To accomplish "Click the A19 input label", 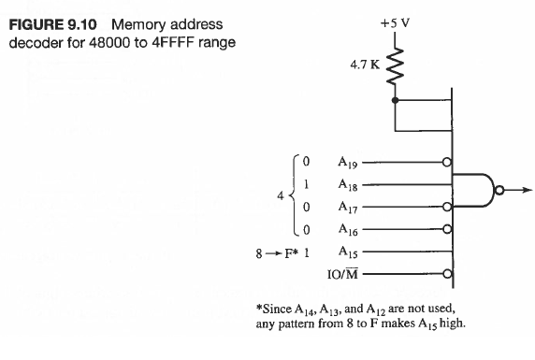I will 348,163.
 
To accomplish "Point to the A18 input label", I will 348,185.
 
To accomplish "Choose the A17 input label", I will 348,208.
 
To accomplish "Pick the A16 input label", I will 348,230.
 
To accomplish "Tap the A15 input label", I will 348,252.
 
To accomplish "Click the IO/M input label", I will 343,274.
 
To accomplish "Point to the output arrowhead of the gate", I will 528,191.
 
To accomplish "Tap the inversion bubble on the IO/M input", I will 448,274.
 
